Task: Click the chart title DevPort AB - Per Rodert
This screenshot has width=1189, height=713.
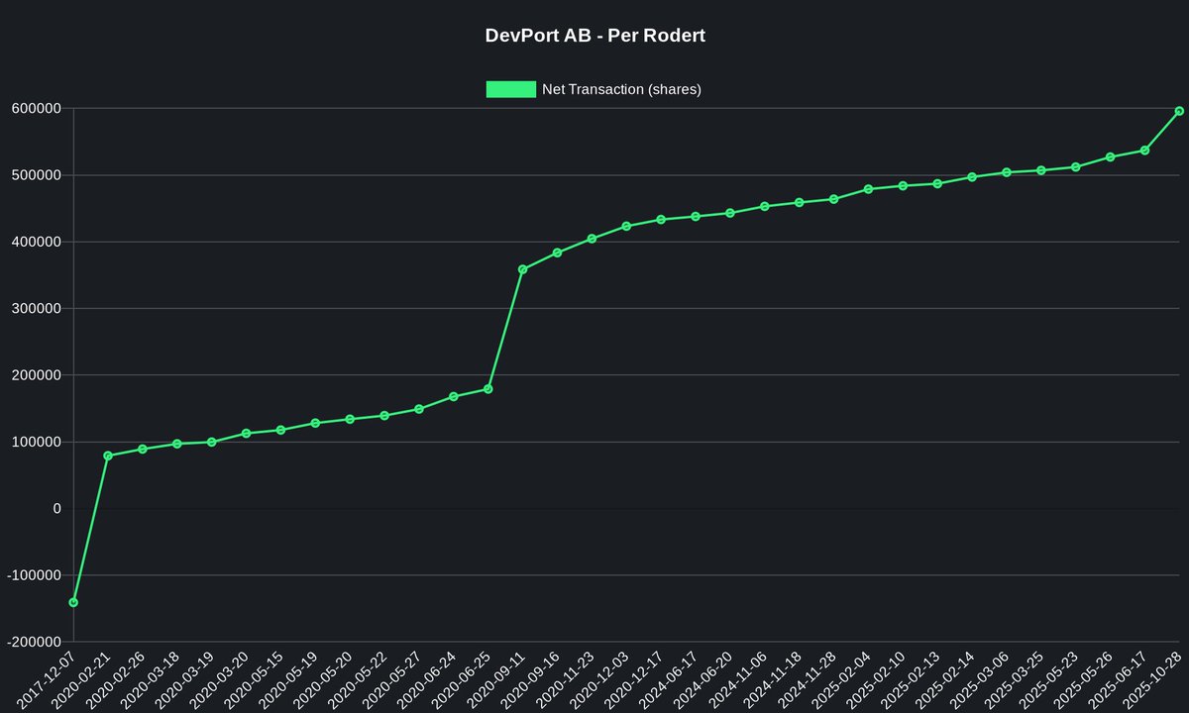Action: [x=594, y=36]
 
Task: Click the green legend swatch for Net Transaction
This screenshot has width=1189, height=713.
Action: [x=510, y=89]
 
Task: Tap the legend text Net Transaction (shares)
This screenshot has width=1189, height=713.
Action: [x=621, y=89]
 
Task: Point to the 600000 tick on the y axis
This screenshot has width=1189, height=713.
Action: [x=36, y=108]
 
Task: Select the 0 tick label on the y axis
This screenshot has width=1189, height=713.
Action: [x=56, y=509]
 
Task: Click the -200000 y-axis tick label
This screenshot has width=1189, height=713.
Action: [x=33, y=642]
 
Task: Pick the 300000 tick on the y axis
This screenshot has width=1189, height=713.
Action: [x=36, y=309]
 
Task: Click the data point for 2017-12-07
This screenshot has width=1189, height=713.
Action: [x=73, y=602]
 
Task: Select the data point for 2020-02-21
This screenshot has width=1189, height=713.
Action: [x=108, y=456]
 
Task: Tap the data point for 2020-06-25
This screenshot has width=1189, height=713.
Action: [x=488, y=389]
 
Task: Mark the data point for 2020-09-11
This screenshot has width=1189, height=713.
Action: [x=523, y=269]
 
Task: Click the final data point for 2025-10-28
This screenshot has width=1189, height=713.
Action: [x=1179, y=111]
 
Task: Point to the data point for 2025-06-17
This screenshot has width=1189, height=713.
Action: [x=1144, y=151]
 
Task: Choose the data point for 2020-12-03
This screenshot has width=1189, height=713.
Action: [x=626, y=226]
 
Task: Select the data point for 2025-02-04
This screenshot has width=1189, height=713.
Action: [x=868, y=189]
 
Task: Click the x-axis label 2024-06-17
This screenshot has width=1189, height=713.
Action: [x=674, y=681]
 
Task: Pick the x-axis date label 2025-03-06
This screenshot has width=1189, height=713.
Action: [x=985, y=681]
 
